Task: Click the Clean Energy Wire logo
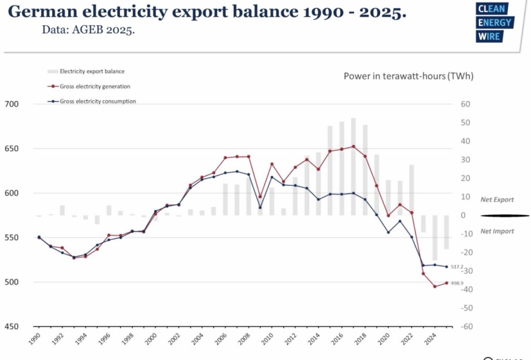point(494,22)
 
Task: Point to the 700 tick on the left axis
point(11,104)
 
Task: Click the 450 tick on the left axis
point(11,327)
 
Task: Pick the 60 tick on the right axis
point(465,104)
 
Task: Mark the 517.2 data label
point(457,267)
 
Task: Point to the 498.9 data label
point(457,283)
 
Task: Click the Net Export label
point(497,200)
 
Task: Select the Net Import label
point(497,231)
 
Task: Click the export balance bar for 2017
point(353,166)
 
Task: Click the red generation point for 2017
point(353,146)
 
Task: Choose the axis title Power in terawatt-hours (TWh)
point(409,76)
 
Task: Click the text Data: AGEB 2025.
point(88,30)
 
